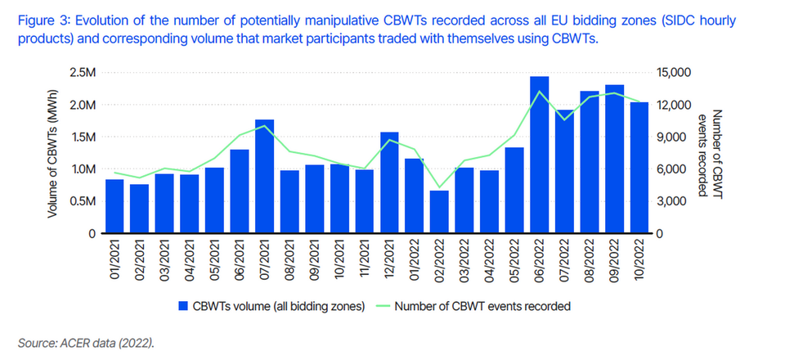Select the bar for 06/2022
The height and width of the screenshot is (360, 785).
pos(539,155)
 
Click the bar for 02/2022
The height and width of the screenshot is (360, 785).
pos(440,212)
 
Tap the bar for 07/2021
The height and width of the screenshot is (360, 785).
pos(264,177)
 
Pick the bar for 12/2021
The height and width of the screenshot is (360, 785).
pos(389,182)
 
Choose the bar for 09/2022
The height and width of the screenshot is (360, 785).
pos(614,160)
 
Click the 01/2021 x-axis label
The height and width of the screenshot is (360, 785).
pos(114,258)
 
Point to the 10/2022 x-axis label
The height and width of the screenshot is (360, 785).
pos(639,258)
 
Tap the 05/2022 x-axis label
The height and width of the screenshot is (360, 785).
pos(514,258)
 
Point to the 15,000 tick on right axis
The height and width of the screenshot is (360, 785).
pos(675,74)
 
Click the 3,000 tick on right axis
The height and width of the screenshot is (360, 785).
pos(672,201)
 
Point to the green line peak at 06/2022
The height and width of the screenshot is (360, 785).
pos(539,92)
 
